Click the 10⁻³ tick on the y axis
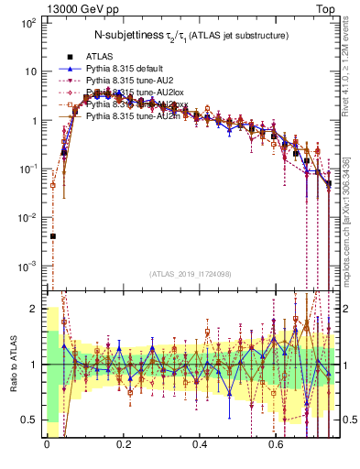(x=27, y=266)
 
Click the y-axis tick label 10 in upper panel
(x=29, y=71)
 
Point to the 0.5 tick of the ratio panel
(x=29, y=420)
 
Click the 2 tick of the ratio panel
(x=33, y=309)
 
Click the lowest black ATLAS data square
(x=52, y=236)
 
